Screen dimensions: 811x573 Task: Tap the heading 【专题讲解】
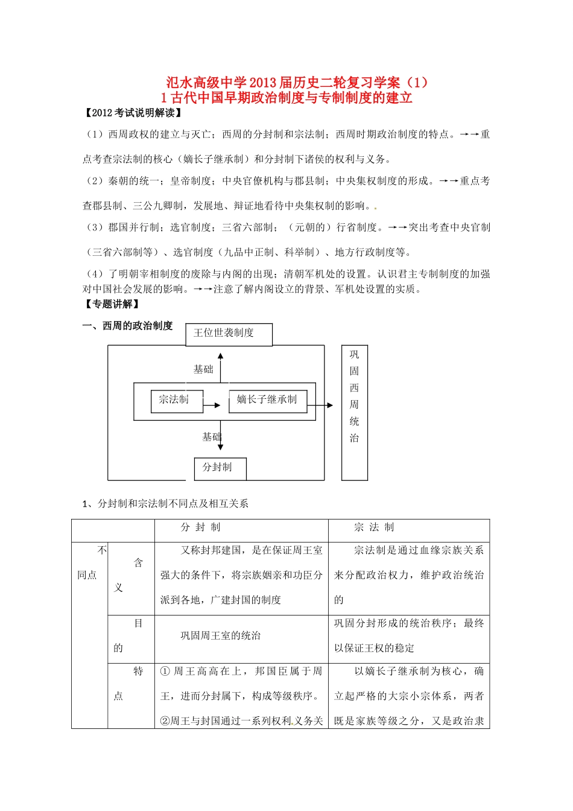pyautogui.click(x=112, y=304)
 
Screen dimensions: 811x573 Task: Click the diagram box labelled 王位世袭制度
pyautogui.click(x=229, y=334)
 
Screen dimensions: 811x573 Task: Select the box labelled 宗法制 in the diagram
pyautogui.click(x=176, y=400)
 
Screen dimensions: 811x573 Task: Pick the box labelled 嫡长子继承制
pyautogui.click(x=267, y=400)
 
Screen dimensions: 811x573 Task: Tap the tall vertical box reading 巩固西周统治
pyautogui.click(x=354, y=412)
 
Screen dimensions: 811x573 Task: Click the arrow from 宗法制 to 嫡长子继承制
pyautogui.click(x=212, y=405)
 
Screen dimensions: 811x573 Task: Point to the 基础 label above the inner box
pyautogui.click(x=203, y=369)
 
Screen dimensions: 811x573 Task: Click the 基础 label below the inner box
pyautogui.click(x=211, y=437)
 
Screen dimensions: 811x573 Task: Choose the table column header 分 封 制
pyautogui.click(x=201, y=527)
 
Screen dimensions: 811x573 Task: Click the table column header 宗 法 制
pyautogui.click(x=374, y=527)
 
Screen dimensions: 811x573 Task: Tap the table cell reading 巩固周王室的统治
pyautogui.click(x=221, y=635)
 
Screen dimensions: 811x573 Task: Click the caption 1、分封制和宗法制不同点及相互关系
pyautogui.click(x=165, y=503)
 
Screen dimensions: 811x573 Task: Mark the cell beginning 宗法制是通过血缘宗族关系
pyautogui.click(x=408, y=575)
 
